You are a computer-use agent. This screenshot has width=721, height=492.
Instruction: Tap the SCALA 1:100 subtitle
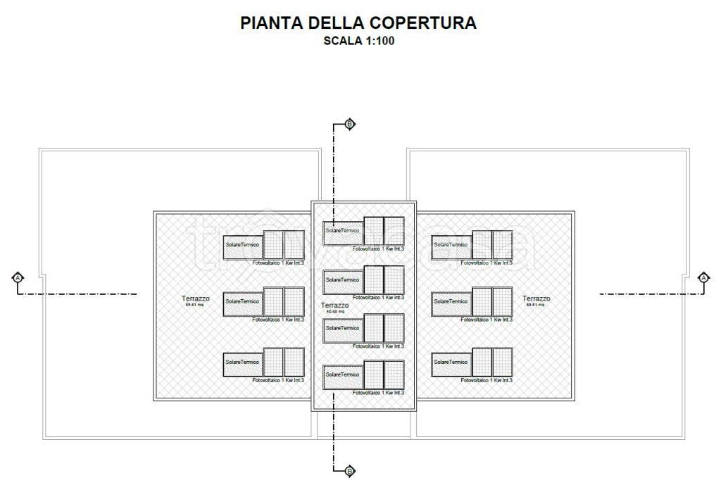pyautogui.click(x=359, y=40)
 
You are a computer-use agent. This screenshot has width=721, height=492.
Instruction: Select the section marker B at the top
pyautogui.click(x=350, y=125)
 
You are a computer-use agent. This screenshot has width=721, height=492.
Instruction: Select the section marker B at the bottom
pyautogui.click(x=350, y=470)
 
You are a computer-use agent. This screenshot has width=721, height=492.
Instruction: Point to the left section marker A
pyautogui.click(x=18, y=277)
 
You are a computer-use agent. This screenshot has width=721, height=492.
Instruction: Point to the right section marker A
pyautogui.click(x=703, y=277)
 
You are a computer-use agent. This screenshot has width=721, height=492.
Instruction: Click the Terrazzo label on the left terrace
pyautogui.click(x=195, y=298)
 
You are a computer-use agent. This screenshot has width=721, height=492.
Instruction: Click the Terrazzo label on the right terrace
pyautogui.click(x=537, y=298)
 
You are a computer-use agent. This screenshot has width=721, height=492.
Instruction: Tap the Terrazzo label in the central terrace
pyautogui.click(x=334, y=305)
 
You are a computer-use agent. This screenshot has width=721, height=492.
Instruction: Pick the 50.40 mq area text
pyautogui.click(x=334, y=311)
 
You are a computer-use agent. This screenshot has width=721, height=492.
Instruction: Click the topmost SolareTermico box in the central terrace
pyautogui.click(x=343, y=231)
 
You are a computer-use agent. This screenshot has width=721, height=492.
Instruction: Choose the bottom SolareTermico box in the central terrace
pyautogui.click(x=343, y=375)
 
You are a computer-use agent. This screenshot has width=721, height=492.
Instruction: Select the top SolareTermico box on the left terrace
pyautogui.click(x=243, y=244)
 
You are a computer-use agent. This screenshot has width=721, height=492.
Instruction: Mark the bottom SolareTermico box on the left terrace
pyautogui.click(x=243, y=362)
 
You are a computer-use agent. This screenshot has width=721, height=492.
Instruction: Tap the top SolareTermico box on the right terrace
pyautogui.click(x=451, y=244)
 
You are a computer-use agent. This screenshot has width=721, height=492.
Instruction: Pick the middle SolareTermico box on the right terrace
pyautogui.click(x=451, y=301)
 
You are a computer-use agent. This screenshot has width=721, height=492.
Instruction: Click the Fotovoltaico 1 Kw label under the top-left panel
pyautogui.click(x=278, y=263)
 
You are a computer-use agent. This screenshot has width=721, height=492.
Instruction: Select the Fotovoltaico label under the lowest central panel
pyautogui.click(x=379, y=393)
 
